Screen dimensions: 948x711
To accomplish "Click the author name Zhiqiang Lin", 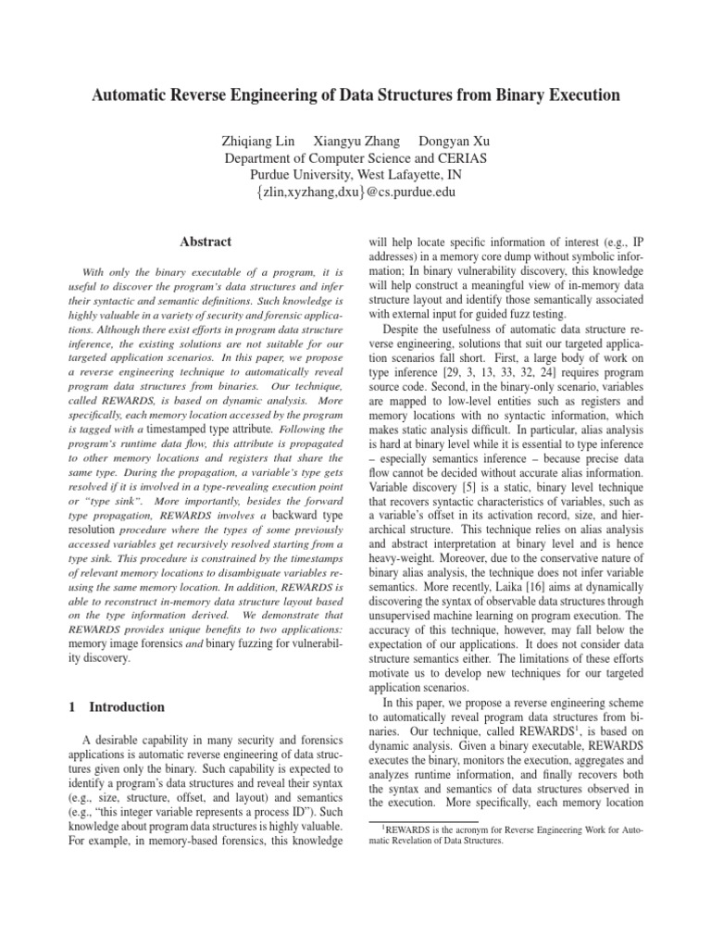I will tap(254, 141).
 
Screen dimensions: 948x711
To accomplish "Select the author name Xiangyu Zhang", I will tap(357, 141).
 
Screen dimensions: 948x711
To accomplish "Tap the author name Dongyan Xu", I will tap(455, 141).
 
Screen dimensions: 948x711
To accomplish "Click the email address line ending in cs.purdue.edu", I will tap(355, 192).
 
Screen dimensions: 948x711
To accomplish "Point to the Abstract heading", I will tap(206, 243).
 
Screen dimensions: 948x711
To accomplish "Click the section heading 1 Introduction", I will tap(118, 707).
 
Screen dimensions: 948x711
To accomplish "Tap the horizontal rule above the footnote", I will tap(422, 821).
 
